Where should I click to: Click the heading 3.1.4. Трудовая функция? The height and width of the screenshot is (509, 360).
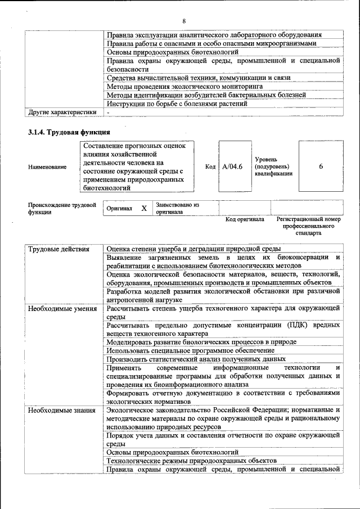[69, 132]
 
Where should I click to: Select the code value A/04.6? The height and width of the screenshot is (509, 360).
[232, 166]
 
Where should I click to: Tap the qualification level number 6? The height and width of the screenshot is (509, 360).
[321, 166]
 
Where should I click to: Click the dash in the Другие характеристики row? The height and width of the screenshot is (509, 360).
[109, 112]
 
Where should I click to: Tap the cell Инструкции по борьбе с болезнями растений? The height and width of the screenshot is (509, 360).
[177, 103]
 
